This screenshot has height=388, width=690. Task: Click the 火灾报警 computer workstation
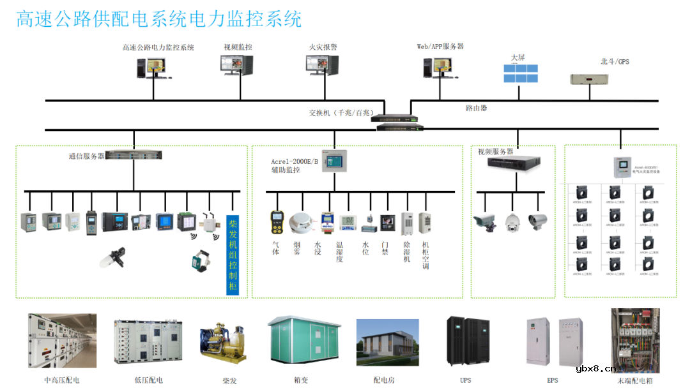point(323,66)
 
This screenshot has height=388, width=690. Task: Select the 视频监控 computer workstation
point(237,66)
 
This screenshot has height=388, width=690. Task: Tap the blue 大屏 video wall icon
point(520,73)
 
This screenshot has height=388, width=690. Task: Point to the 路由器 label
point(476,108)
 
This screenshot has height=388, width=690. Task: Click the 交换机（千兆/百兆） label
point(341,113)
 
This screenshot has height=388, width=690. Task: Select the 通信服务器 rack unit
point(134,154)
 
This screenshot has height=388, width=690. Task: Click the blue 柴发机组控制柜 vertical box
point(233,254)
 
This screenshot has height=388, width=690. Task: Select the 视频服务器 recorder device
point(515,163)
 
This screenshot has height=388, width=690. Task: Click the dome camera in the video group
point(512,222)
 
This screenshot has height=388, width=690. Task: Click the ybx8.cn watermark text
point(596,368)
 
